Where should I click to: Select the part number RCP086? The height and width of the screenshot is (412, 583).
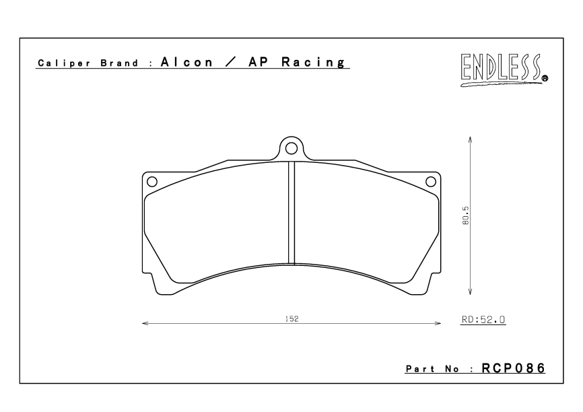coord(513,369)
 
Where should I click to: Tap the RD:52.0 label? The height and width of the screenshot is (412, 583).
coord(483,321)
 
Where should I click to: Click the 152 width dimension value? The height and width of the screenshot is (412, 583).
coord(291,318)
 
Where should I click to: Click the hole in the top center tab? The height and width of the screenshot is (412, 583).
coord(291,147)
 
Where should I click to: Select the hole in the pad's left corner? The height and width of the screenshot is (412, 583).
coord(152,180)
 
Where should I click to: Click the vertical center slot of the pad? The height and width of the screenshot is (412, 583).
coord(291,213)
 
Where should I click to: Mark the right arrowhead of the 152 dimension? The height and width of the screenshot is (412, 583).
coord(437,324)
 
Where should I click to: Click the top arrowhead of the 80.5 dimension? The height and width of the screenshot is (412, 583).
coord(469,140)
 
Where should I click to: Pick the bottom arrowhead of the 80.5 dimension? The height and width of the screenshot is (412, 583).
coord(469,292)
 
